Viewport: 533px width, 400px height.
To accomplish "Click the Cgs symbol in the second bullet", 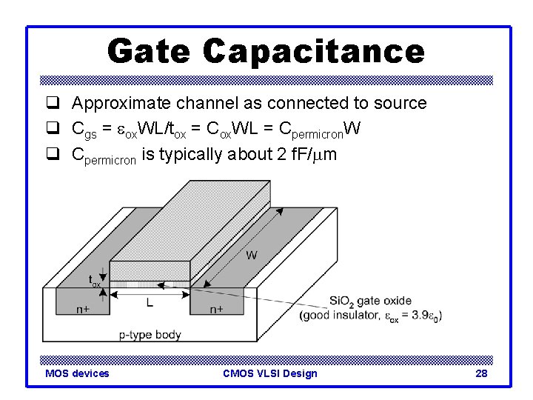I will pyautogui.click(x=82, y=130).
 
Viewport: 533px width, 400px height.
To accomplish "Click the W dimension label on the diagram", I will pyautogui.click(x=251, y=256).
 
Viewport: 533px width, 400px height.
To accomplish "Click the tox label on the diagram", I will pyautogui.click(x=95, y=281).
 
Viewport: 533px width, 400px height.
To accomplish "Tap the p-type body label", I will pyautogui.click(x=150, y=335).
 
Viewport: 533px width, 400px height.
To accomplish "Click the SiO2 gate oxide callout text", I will pyautogui.click(x=369, y=301).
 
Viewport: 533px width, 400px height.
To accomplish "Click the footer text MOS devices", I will pyautogui.click(x=77, y=373).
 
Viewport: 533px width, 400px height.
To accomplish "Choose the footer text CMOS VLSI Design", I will pyautogui.click(x=269, y=373).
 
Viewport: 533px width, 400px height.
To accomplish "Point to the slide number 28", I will pyautogui.click(x=481, y=373).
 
